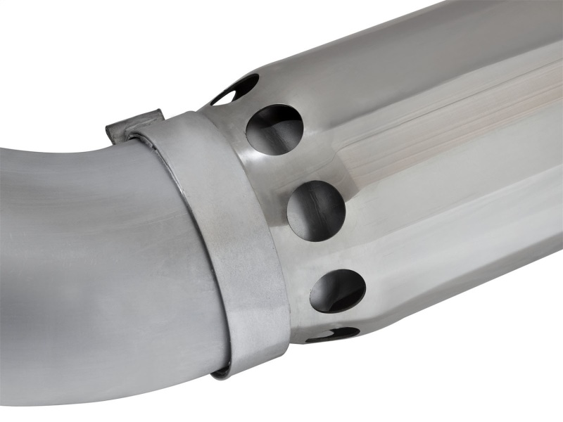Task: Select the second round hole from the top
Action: click(x=274, y=130)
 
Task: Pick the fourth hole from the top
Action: click(x=338, y=290)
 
